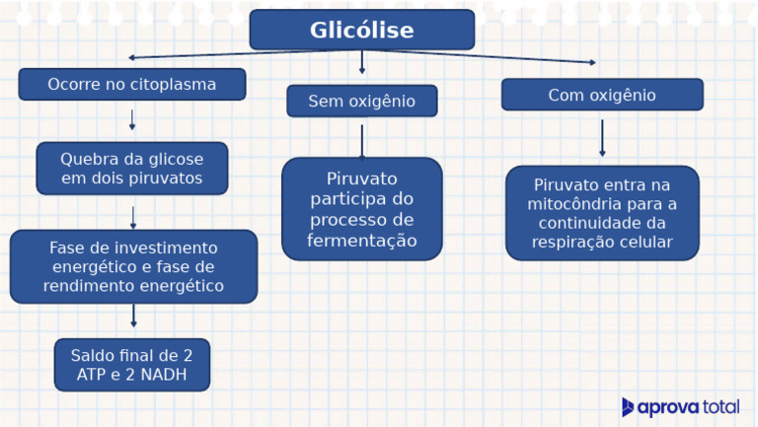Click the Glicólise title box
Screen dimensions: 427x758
point(361,30)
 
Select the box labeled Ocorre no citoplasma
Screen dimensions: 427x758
point(131,84)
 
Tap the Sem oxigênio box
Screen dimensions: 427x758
point(361,101)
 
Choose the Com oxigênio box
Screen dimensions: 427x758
point(602,95)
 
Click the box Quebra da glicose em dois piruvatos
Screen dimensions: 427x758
point(131,169)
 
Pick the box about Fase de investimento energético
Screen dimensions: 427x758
point(133,266)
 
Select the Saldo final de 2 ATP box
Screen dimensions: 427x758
point(131,365)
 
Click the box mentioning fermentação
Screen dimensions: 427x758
point(361,209)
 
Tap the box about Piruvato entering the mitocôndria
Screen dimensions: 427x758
point(602,213)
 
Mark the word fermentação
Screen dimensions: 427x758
point(361,241)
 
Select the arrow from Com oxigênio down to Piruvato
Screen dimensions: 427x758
point(602,138)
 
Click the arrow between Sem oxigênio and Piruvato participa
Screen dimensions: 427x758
point(361,140)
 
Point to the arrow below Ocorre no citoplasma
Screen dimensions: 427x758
point(132,120)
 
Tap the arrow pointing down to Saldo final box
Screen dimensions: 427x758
point(133,317)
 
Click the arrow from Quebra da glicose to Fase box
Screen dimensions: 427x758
point(133,217)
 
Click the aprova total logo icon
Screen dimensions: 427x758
point(628,406)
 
